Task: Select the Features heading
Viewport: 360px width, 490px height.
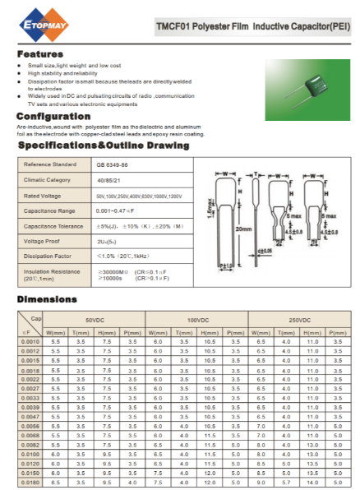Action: [x=40, y=53]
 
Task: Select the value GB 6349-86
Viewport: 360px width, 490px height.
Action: [x=113, y=164]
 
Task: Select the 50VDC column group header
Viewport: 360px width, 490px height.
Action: [x=95, y=319]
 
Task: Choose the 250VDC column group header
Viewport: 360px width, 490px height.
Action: [x=299, y=319]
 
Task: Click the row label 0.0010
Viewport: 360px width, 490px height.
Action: [x=30, y=340]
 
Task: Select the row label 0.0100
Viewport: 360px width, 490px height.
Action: [x=30, y=453]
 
